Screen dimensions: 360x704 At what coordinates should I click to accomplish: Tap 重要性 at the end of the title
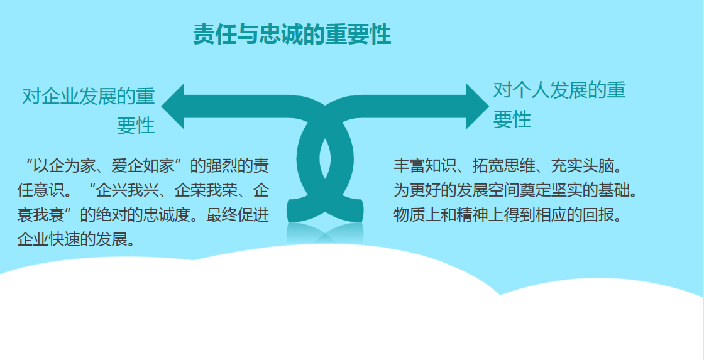[x=358, y=35]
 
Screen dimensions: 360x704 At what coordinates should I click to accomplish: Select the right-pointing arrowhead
[x=476, y=106]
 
